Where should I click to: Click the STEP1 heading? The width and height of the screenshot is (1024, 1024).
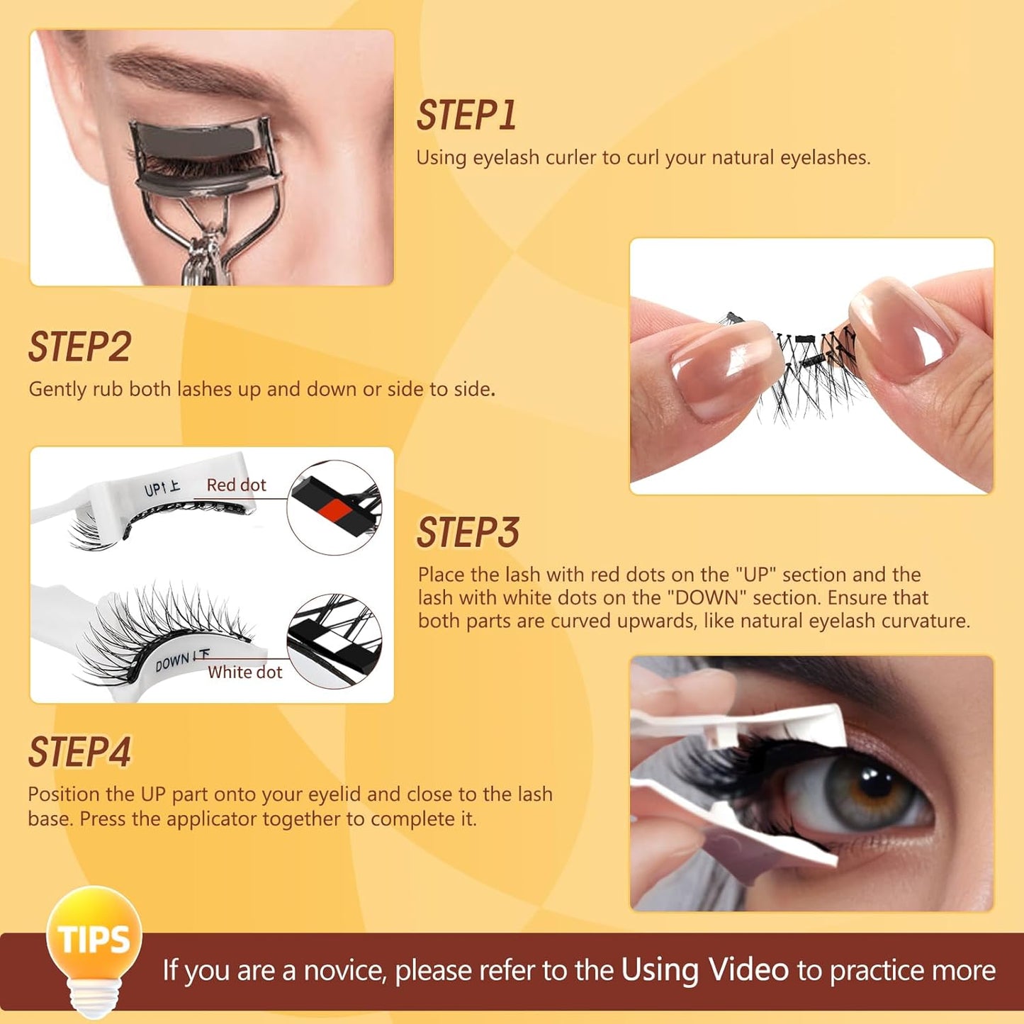coord(466,116)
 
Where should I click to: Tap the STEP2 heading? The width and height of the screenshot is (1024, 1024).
coord(79,347)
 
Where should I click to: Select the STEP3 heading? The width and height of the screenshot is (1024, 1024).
coord(468,533)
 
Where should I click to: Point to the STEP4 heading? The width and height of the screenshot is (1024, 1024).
coord(79,753)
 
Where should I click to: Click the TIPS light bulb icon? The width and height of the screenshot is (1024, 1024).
coord(94,943)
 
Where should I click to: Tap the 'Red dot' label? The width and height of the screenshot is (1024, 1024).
coord(236,485)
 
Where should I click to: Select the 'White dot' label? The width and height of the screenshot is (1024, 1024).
coord(244,673)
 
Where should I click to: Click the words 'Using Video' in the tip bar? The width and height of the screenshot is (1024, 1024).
coord(704,970)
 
